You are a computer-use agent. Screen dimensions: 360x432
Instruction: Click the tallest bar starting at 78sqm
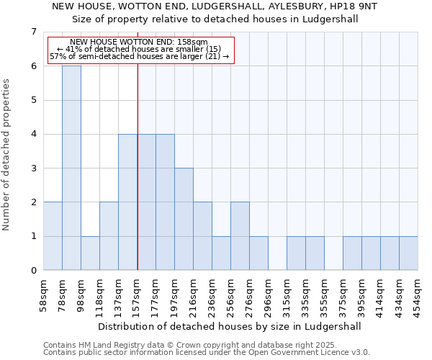[71, 168]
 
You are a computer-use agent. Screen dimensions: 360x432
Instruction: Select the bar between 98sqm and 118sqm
[90, 253]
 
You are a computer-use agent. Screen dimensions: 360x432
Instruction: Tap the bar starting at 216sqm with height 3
[184, 219]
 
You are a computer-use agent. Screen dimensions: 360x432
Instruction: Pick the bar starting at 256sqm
[240, 236]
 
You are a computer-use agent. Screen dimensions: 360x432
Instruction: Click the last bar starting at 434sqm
[408, 253]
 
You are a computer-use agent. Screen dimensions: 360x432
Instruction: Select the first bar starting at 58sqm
[53, 236]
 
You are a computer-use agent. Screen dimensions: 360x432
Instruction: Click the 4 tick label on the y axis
[33, 134]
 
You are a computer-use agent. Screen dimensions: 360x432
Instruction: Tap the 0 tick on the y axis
[33, 271]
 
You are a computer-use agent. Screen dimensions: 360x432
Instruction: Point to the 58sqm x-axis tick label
[44, 294]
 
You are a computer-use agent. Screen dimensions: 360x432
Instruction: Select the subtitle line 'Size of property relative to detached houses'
[216, 19]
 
